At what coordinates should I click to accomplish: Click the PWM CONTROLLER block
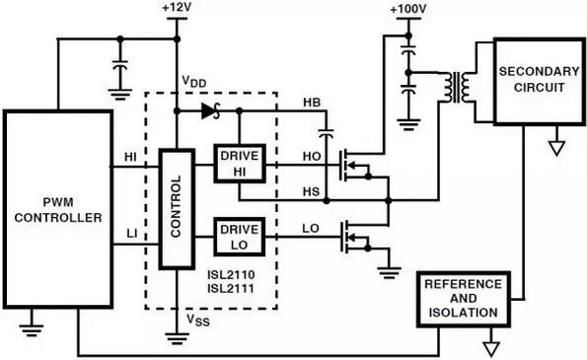pyautogui.click(x=56, y=210)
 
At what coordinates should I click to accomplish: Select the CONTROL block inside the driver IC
pyautogui.click(x=175, y=209)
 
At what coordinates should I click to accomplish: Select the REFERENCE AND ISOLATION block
pyautogui.click(x=463, y=299)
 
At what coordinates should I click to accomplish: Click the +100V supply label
pyautogui.click(x=406, y=9)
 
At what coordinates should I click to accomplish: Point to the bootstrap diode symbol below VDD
pyautogui.click(x=208, y=111)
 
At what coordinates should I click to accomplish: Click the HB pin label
pyautogui.click(x=311, y=104)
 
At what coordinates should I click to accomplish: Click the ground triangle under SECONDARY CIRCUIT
pyautogui.click(x=554, y=148)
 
